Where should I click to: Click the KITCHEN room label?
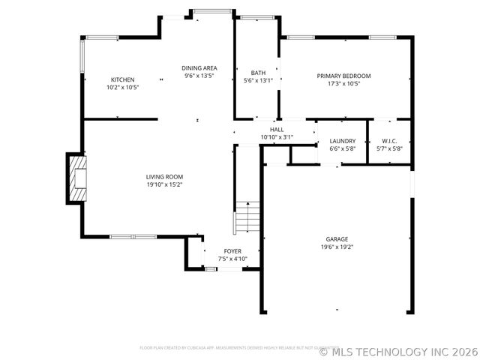[123, 79]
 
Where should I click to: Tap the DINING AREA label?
[199, 68]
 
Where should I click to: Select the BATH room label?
[258, 73]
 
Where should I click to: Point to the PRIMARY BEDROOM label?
[343, 76]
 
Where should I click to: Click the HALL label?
[277, 130]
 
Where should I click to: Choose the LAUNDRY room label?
[342, 141]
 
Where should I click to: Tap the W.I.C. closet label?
[389, 141]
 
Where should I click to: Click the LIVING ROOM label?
[164, 177]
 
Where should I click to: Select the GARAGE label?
[337, 239]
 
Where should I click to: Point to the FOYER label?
[232, 251]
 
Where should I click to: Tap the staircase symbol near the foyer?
[247, 218]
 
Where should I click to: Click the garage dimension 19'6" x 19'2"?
[337, 247]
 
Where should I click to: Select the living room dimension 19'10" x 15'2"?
[164, 184]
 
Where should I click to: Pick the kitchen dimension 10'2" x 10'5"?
[123, 87]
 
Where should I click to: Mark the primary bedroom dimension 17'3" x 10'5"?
[343, 83]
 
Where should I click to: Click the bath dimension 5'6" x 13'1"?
[258, 80]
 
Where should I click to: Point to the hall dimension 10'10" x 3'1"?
[277, 137]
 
